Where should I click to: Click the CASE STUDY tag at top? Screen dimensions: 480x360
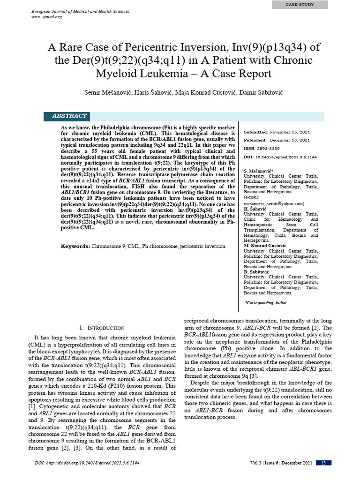300,5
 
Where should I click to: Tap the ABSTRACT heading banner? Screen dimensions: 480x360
69,116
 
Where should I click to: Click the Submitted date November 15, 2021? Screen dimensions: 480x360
290,133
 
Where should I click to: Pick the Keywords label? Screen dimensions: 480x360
75,246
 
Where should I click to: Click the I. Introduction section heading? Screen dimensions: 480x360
102,328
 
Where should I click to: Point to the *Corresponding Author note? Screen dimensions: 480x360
266,303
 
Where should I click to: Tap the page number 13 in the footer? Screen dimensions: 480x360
323,463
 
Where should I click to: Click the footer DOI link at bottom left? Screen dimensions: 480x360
87,463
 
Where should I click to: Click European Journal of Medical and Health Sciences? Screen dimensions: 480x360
80,11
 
